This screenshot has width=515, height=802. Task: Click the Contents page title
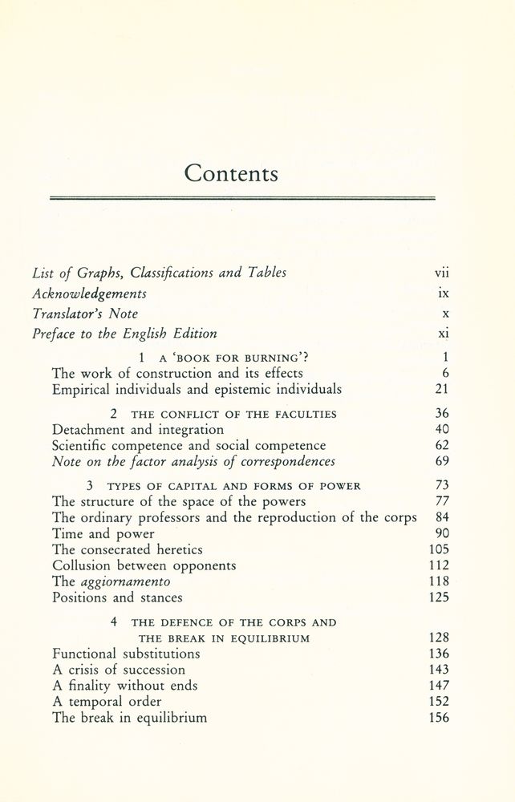point(231,172)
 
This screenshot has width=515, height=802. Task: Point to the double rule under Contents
point(242,197)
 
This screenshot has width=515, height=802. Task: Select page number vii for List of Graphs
point(441,273)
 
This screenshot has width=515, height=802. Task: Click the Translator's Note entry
point(86,314)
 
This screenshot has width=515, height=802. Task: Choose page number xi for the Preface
point(442,334)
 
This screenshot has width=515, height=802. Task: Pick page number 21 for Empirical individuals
point(441,390)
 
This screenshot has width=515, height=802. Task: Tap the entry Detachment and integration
point(127,430)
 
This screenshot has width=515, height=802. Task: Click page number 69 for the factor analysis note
point(441,462)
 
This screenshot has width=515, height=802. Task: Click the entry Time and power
point(103,533)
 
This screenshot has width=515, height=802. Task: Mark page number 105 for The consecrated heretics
point(438,549)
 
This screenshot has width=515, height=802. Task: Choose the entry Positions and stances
point(117,597)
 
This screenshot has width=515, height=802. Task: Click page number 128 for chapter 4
point(438,638)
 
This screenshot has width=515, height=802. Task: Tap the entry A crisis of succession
point(119,670)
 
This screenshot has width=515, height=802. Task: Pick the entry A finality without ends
point(124,686)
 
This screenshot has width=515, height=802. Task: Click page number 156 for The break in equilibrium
point(438,718)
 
